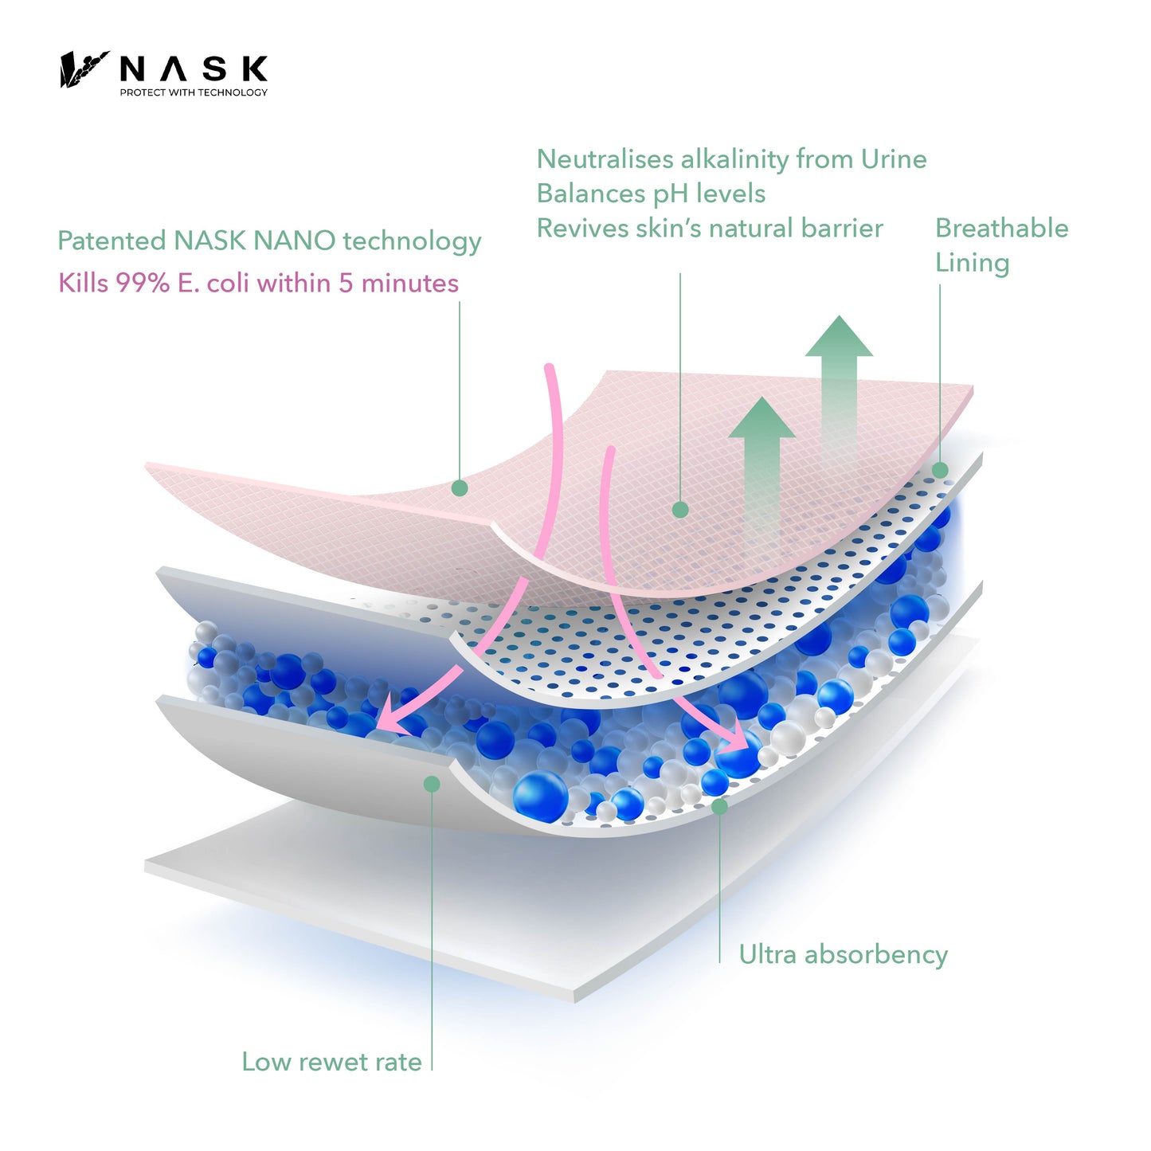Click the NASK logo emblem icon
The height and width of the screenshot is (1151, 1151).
[x=83, y=69]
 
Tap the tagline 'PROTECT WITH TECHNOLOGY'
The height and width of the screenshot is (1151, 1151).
[x=194, y=92]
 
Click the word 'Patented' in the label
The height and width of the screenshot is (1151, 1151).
[x=111, y=241]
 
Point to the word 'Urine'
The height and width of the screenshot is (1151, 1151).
[x=894, y=159]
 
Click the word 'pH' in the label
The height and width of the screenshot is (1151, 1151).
[x=671, y=194]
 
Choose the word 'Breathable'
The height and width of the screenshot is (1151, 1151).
[x=1001, y=228]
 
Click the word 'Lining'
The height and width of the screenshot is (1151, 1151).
[x=972, y=263]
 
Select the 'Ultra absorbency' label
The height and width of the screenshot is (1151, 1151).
[x=843, y=954]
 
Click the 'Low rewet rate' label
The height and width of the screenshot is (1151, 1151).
[x=331, y=1062]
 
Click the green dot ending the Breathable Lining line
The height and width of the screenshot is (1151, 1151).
[x=940, y=470]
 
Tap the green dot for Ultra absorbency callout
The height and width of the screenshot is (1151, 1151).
[x=719, y=806]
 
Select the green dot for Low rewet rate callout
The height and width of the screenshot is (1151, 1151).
[x=432, y=785]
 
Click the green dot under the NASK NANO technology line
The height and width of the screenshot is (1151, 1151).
[x=459, y=488]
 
